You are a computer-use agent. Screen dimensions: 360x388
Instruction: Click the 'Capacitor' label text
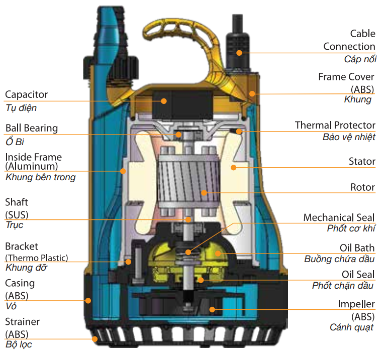point(26,94)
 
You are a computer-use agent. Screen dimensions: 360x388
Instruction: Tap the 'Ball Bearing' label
point(31,128)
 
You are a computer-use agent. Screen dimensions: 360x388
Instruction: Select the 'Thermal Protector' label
point(335,125)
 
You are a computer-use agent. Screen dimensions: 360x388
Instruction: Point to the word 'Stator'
point(362,161)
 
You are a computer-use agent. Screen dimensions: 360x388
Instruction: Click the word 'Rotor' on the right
point(362,187)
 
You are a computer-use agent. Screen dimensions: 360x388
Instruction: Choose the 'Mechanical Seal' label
point(339,217)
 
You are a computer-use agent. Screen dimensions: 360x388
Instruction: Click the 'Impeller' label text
point(356,304)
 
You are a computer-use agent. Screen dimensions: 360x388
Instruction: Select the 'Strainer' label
point(22,321)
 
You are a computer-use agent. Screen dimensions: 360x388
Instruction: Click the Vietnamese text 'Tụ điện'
point(21,107)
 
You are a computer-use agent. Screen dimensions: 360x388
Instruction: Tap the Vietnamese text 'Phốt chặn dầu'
point(343,286)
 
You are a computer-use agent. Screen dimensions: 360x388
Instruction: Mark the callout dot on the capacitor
point(164,101)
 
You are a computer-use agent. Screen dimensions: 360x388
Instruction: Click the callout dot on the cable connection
point(240,52)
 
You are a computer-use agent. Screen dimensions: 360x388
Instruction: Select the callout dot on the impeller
point(212,309)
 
